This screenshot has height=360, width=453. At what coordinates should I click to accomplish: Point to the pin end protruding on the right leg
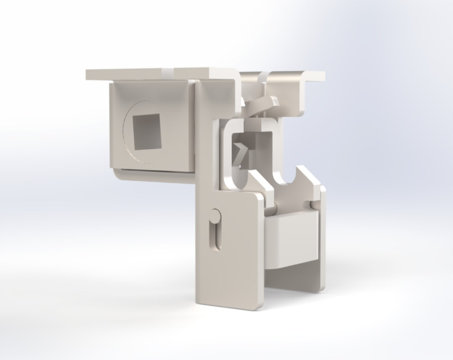313,203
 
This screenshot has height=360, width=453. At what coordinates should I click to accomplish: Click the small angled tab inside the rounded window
241,153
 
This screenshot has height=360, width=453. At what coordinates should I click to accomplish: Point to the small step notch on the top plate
171,71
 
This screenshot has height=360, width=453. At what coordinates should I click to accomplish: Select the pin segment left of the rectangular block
271,210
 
